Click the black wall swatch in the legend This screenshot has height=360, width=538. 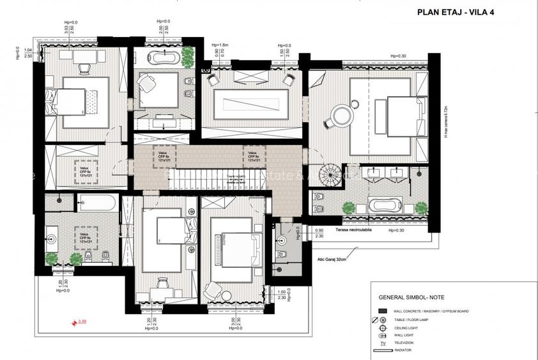(x=382, y=311)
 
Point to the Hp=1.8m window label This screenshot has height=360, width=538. (x=220, y=45)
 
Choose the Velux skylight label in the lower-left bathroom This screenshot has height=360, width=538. (x=84, y=238)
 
